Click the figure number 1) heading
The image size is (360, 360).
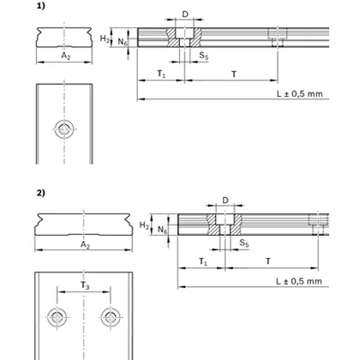click(39, 6)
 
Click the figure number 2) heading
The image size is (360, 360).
click(39, 192)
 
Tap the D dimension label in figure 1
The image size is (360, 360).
click(186, 15)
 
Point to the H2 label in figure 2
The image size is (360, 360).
click(144, 225)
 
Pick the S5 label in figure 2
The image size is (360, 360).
click(243, 243)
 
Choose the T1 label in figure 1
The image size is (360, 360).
click(161, 75)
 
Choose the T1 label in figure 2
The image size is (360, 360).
click(201, 261)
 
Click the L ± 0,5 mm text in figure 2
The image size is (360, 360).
click(293, 280)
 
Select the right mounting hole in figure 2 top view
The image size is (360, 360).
click(109, 316)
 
